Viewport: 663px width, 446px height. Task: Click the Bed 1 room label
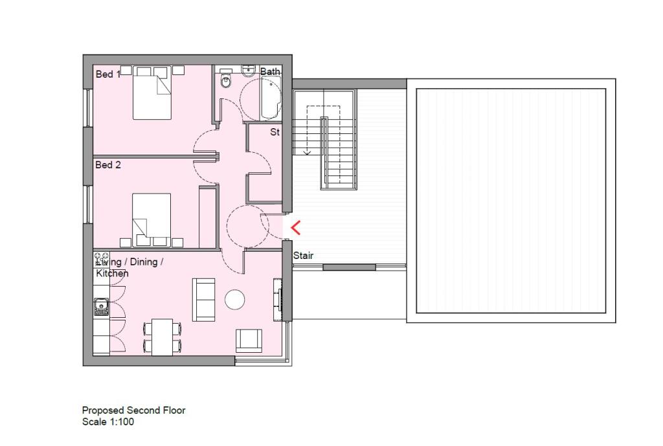coord(108,74)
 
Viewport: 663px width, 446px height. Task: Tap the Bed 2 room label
coord(108,165)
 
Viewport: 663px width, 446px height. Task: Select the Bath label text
coord(270,72)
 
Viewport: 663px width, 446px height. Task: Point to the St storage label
coord(275,133)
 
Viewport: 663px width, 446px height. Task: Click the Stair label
coord(303,256)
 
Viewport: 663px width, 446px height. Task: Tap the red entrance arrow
coord(296,228)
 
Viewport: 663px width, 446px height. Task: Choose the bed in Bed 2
coord(152,216)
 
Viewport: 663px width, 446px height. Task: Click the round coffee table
coord(234,299)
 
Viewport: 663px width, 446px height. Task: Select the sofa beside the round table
coord(205,298)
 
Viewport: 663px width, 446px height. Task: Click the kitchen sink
coord(100,307)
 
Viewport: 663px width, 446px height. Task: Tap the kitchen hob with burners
coord(101,261)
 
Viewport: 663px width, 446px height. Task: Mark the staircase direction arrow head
coord(307,152)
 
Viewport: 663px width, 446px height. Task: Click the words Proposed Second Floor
coord(133,410)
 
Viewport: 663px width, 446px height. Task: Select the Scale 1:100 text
coord(108,421)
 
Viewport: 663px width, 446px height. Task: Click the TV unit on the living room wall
coord(278,299)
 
